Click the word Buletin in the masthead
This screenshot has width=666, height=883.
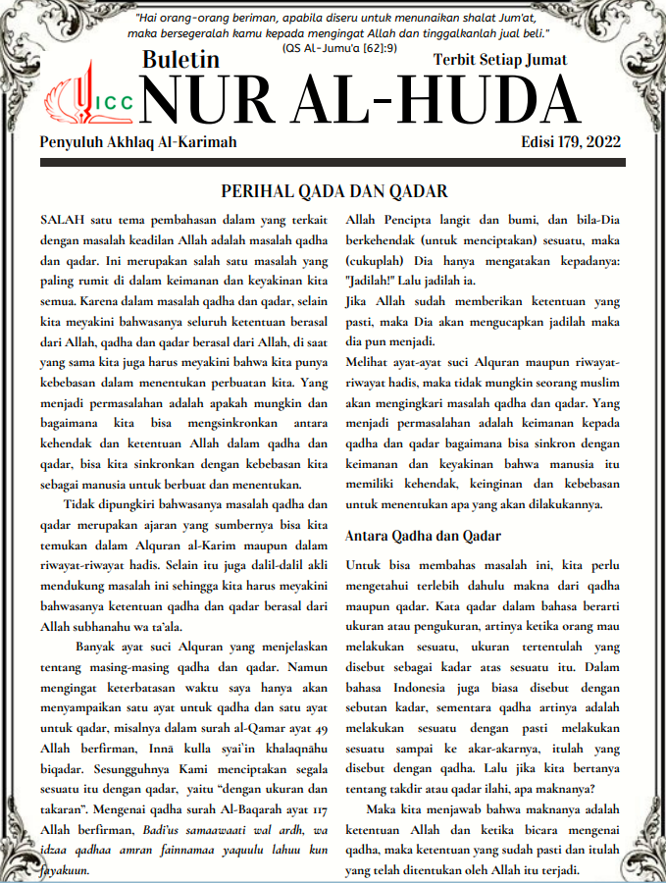180,60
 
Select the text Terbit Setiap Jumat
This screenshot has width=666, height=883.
500,60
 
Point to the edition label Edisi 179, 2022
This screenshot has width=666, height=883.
571,143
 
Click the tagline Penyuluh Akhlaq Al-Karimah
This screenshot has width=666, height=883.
138,143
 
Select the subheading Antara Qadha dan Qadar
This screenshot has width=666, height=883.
424,536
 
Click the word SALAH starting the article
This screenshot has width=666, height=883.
61,215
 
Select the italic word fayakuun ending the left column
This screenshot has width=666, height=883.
66,869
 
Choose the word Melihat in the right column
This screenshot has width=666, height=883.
370,360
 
